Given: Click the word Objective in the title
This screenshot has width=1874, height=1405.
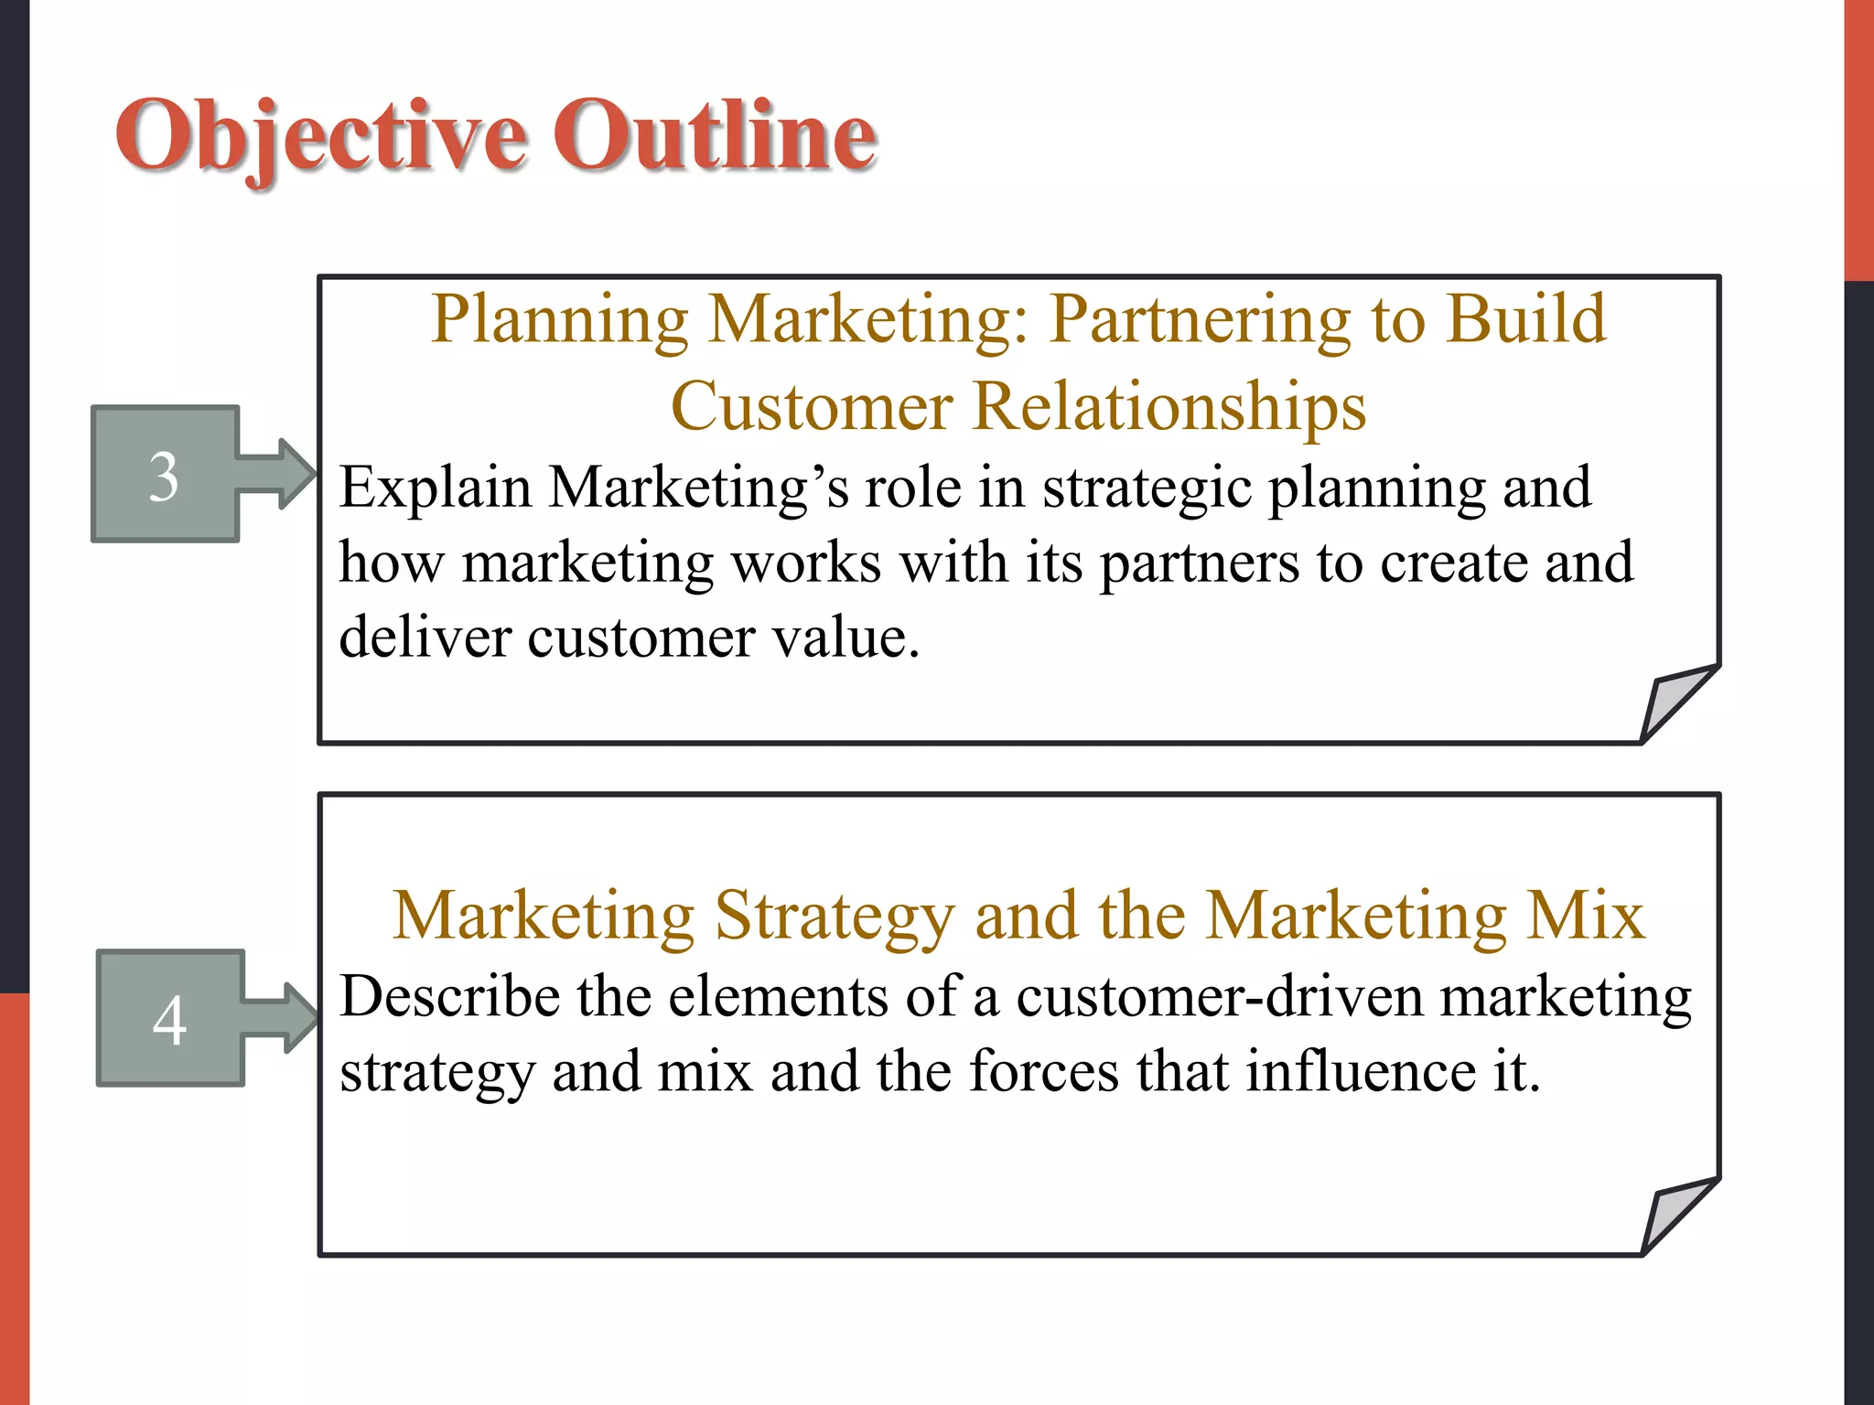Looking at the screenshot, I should (x=320, y=137).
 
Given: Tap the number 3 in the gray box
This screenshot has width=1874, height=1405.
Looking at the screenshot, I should (x=164, y=477).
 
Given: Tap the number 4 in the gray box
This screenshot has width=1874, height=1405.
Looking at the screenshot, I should (x=169, y=1020).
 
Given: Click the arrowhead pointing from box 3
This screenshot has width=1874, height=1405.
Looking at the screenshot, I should (x=295, y=474).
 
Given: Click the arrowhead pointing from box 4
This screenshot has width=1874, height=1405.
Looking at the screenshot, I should (x=300, y=1017).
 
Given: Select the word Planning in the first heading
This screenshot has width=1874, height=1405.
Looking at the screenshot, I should (x=559, y=320).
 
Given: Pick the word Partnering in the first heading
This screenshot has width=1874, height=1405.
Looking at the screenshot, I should (x=1200, y=320).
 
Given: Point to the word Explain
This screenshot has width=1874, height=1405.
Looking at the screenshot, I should (x=435, y=488).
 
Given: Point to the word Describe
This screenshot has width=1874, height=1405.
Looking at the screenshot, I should (x=449, y=996).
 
